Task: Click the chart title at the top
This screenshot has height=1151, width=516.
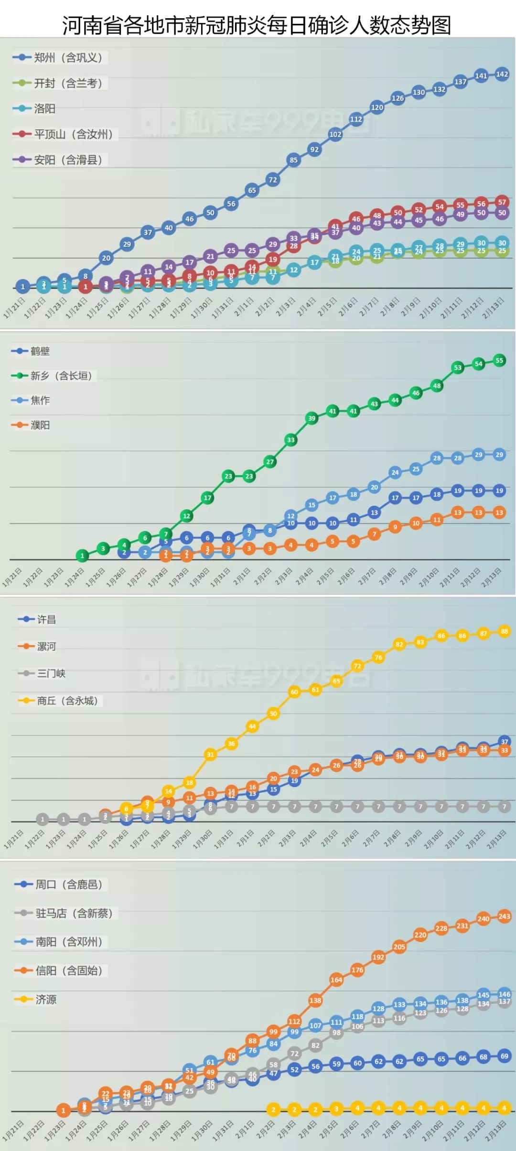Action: (x=257, y=25)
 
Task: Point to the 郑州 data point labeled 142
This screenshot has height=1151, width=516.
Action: (x=502, y=75)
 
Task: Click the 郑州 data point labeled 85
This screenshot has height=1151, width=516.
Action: (x=293, y=160)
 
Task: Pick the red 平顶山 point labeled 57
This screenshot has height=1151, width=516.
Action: (x=502, y=202)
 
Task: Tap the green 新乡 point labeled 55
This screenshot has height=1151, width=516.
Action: (x=499, y=361)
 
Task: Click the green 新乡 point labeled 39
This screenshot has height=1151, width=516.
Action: (x=312, y=418)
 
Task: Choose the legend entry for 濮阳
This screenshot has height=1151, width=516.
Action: (x=40, y=425)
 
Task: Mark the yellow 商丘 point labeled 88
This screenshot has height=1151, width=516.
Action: (x=505, y=631)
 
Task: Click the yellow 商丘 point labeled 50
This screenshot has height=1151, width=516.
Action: (x=273, y=714)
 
